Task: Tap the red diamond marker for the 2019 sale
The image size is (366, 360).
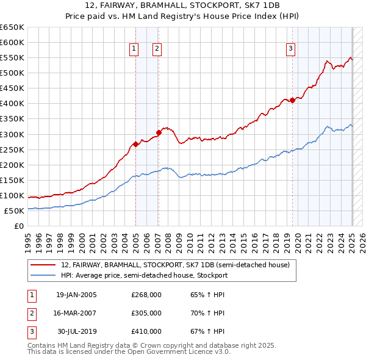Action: pos(292,100)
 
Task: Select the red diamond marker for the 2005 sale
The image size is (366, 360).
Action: pos(135,144)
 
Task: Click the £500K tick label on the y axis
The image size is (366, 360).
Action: pos(12,73)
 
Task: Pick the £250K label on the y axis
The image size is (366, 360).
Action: pos(12,149)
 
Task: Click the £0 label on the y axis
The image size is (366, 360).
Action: pos(18,226)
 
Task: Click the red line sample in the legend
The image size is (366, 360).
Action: pos(44,265)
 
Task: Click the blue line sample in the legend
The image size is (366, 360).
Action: pos(44,275)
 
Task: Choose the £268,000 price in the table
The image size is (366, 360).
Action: pos(146,295)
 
